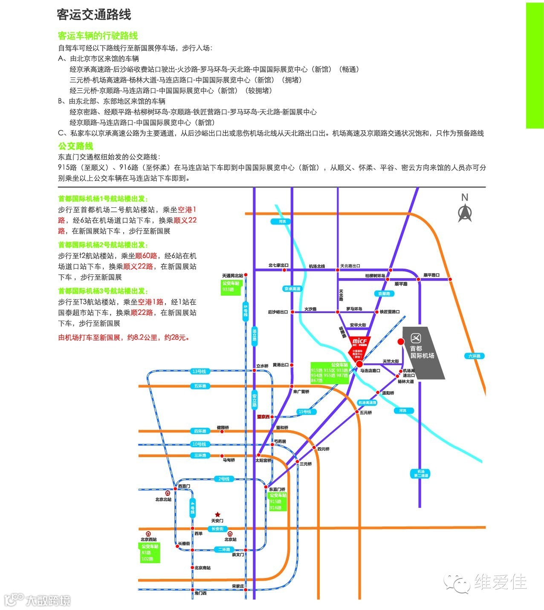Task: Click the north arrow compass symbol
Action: click(x=465, y=212)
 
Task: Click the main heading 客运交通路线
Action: click(x=94, y=15)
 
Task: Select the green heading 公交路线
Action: click(x=75, y=146)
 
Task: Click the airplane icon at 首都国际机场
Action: click(x=416, y=338)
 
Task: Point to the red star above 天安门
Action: click(x=217, y=515)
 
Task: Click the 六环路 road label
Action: click(x=474, y=356)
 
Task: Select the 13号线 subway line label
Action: click(x=199, y=371)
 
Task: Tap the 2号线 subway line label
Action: click(x=224, y=479)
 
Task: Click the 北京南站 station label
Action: click(x=203, y=568)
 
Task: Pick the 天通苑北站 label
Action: click(x=232, y=276)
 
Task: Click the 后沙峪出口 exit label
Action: click(x=278, y=312)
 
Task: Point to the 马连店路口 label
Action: click(x=370, y=371)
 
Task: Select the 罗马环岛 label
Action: click(x=354, y=309)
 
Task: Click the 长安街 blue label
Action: click(x=217, y=529)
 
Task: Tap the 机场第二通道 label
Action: click(x=421, y=473)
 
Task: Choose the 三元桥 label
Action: click(x=306, y=464)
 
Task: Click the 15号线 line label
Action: click(x=305, y=411)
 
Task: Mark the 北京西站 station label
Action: click(x=149, y=539)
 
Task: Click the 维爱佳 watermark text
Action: click(x=501, y=582)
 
